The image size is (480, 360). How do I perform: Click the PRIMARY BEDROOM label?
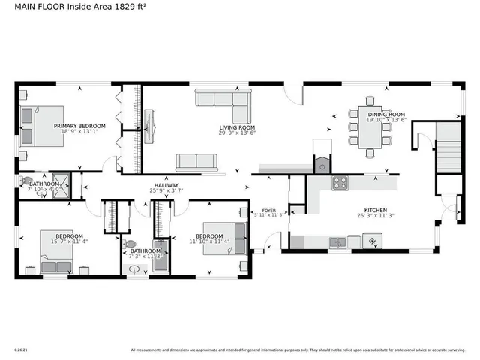coord(79,126)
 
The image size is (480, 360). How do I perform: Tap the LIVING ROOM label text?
coord(235,128)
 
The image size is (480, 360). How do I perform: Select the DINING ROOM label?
coord(386,114)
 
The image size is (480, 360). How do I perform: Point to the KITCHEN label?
coord(375,211)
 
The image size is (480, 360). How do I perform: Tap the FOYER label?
coord(268,210)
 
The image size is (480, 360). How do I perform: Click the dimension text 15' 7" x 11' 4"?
coord(70,241)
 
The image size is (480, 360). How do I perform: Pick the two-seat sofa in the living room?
coord(196,162)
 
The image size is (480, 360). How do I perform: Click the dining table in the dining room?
coord(370,128)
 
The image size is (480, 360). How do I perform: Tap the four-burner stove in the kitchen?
coord(340,182)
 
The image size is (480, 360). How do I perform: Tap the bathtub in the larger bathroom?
coord(160,254)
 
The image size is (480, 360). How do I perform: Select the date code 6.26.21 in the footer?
coord(20,349)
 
